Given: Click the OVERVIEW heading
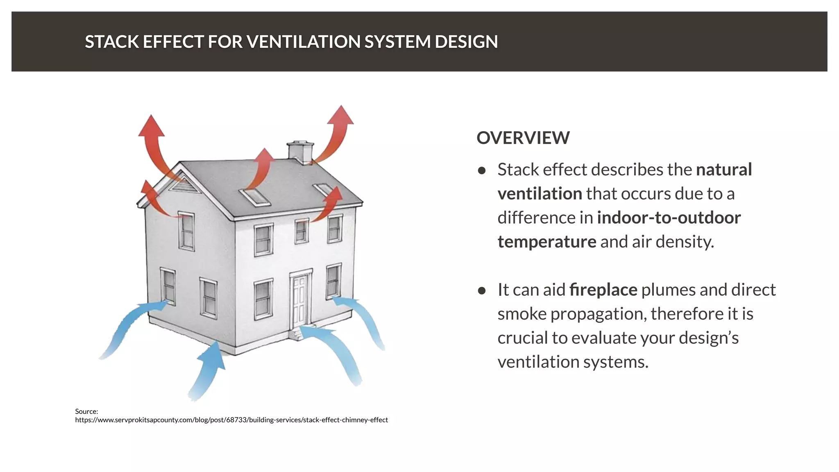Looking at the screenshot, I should point(523,138).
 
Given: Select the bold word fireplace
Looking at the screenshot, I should point(603,290).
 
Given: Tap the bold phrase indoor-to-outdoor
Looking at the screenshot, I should point(669,218).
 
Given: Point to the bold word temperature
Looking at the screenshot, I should point(546,242).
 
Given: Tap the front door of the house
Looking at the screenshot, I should point(300,300).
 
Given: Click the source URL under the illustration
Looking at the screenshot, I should point(231,420).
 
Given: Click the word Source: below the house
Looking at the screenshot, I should point(86,411).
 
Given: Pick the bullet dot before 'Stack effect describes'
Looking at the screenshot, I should point(482,170).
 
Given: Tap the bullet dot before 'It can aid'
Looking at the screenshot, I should point(482,290).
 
